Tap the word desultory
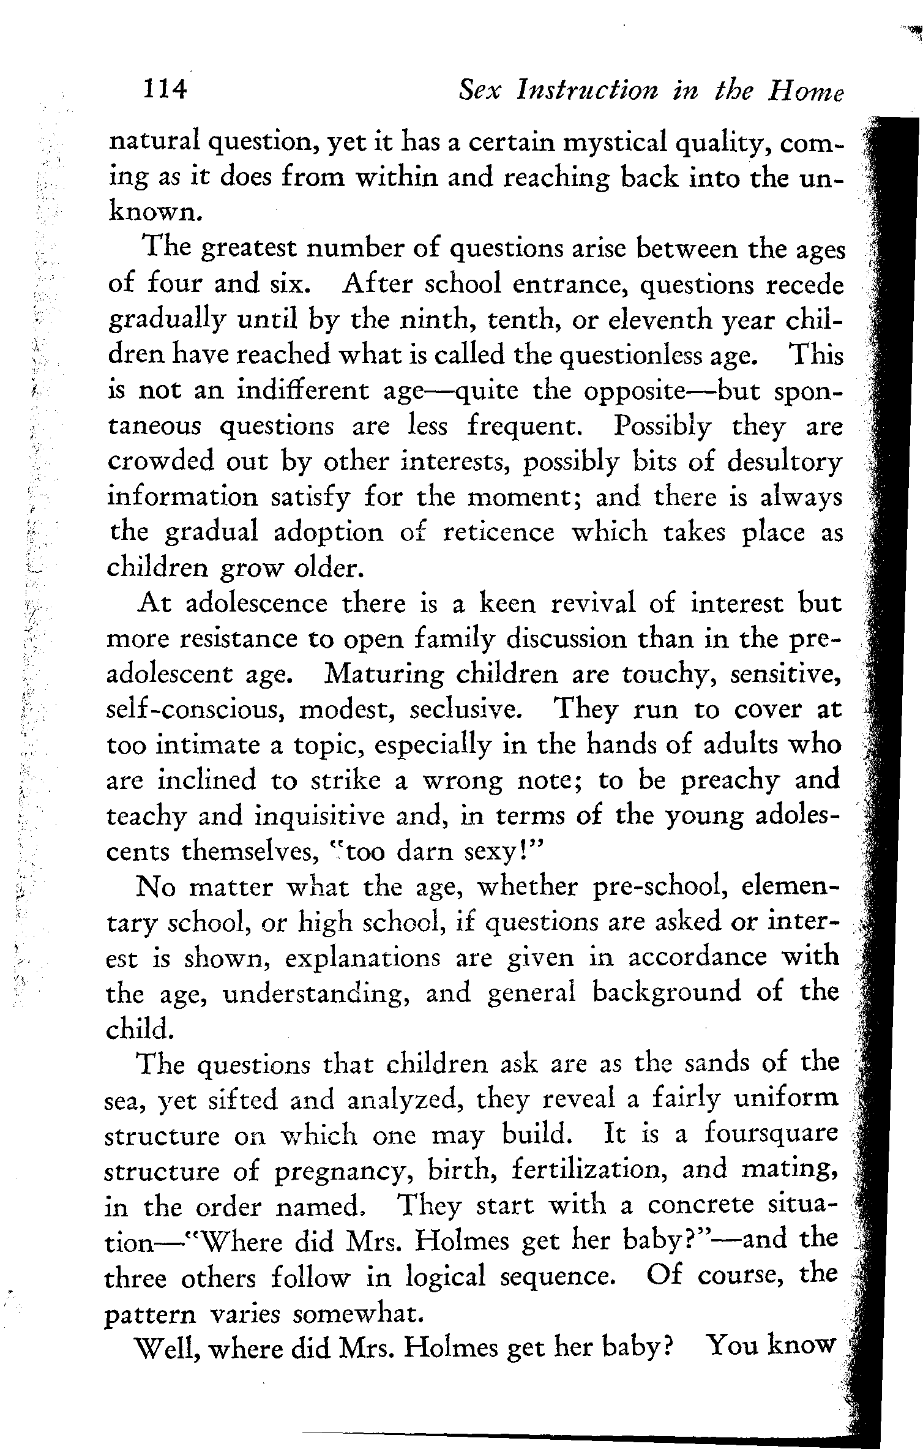point(784,463)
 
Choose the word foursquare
point(770,1135)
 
